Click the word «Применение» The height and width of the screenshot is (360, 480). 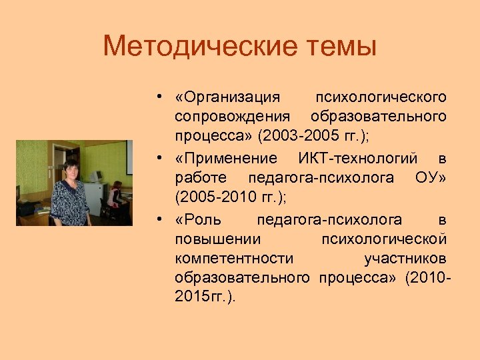(x=225, y=158)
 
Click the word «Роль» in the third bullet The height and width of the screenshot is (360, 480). (x=198, y=219)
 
